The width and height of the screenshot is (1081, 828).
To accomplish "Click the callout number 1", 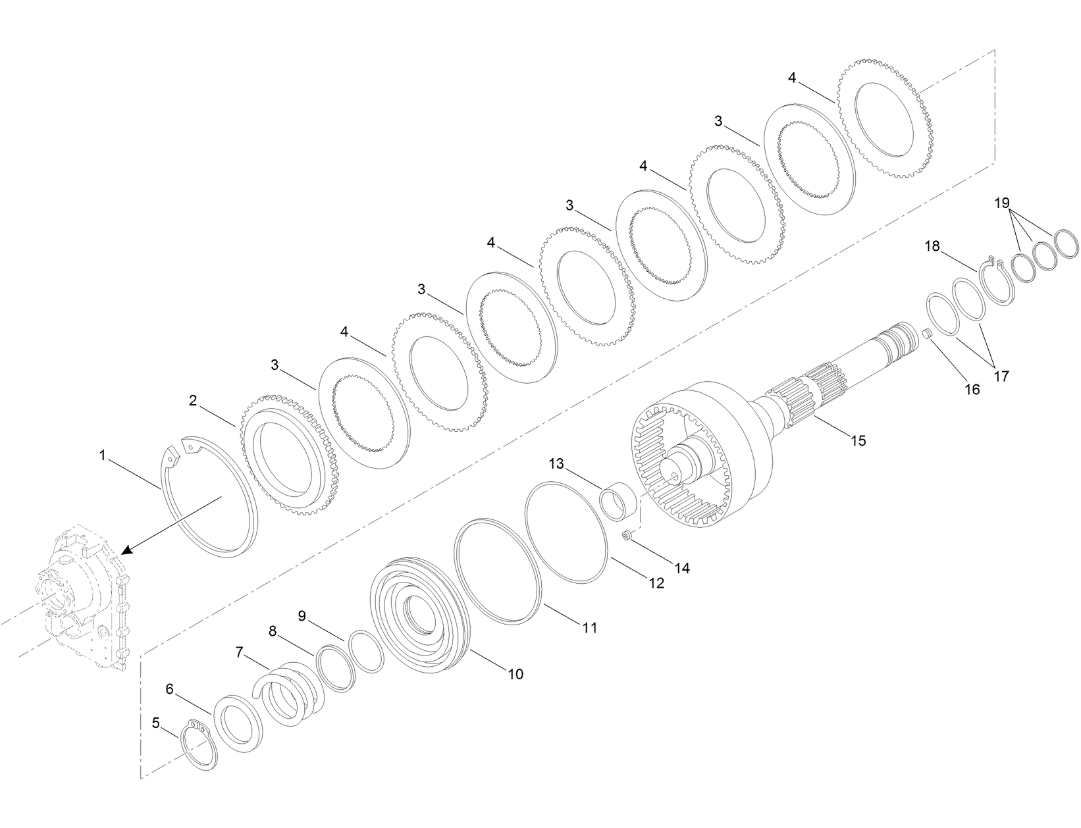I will tap(102, 455).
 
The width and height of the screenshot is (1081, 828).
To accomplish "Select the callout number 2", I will tap(193, 400).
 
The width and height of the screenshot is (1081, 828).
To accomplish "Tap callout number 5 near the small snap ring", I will tap(155, 723).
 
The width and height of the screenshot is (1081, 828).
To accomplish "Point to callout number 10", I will tap(515, 674).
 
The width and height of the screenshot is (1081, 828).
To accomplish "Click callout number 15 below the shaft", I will tap(858, 440).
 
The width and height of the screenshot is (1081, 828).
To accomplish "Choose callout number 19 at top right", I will tap(1002, 203).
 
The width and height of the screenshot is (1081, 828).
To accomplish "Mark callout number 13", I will tap(556, 464).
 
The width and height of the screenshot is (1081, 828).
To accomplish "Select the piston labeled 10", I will tap(421, 615).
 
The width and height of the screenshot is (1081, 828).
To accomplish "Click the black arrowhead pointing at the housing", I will tap(128, 548).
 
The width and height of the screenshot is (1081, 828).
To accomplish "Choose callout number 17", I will tap(1001, 376).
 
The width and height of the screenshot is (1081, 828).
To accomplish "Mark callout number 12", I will tap(656, 582).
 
